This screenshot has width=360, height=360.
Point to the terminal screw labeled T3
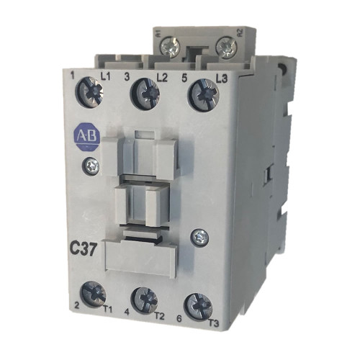[x=197, y=305]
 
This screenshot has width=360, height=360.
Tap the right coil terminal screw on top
[x=228, y=48]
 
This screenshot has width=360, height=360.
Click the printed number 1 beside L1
[x=75, y=73]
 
